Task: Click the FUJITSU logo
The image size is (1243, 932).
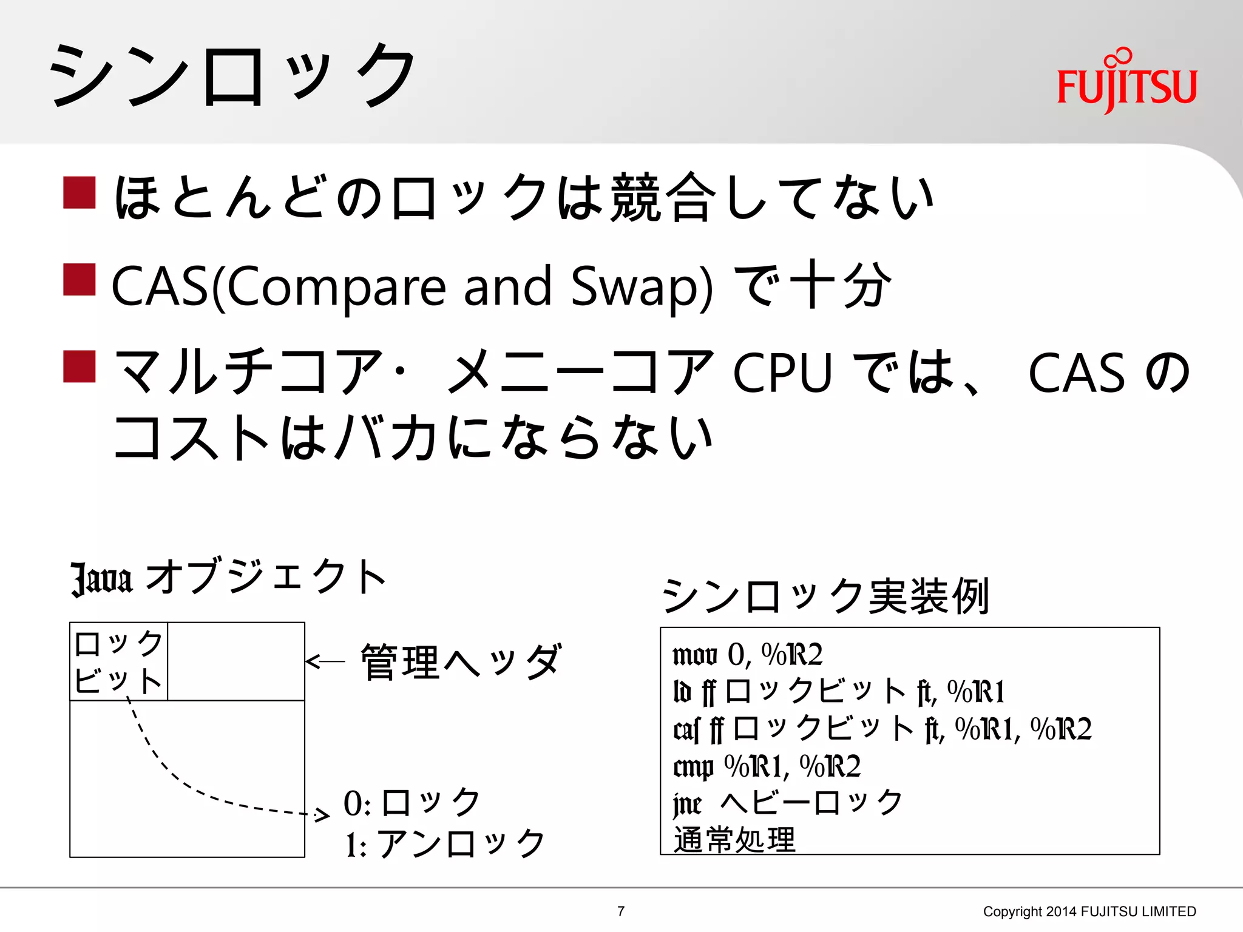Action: click(1126, 82)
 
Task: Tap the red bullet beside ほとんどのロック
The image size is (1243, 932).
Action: click(80, 192)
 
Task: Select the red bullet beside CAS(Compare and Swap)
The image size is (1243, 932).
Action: click(80, 279)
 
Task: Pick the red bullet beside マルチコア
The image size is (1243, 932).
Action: click(80, 366)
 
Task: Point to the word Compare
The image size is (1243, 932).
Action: click(336, 286)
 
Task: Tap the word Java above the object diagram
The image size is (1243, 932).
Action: click(101, 578)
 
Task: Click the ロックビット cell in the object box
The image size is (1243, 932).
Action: click(118, 661)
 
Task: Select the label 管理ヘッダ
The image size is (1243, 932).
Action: click(461, 661)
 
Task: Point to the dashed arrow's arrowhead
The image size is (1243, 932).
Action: click(322, 815)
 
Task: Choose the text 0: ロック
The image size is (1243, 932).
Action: click(412, 803)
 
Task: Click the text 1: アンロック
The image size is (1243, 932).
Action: click(445, 843)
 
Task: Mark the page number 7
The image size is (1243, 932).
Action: click(621, 911)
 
